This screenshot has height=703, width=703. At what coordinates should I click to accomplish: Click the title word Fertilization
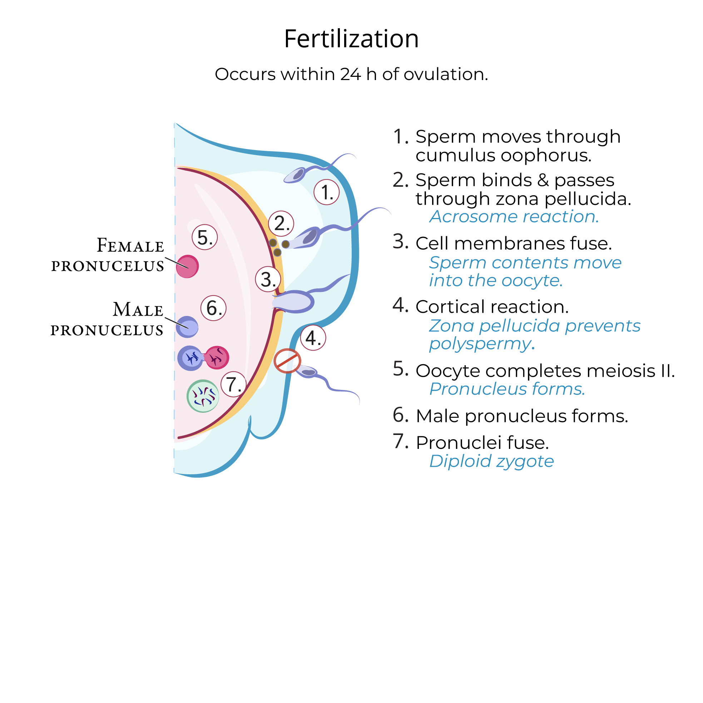(351, 39)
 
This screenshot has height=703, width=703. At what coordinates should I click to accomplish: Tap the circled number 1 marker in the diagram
(326, 192)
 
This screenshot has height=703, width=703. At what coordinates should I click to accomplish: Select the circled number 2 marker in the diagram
(281, 223)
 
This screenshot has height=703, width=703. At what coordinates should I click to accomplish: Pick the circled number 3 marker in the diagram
(268, 279)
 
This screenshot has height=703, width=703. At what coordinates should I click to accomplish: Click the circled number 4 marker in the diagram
(313, 338)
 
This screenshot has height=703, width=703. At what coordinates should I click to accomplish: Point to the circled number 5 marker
(204, 237)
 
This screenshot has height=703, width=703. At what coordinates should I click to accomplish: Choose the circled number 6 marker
(214, 308)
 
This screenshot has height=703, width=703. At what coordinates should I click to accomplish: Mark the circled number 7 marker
(233, 384)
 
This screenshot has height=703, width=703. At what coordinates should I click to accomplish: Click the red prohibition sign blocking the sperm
(287, 361)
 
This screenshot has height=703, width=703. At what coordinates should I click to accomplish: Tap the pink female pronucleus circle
(187, 266)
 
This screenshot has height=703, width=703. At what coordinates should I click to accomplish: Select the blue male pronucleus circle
(187, 327)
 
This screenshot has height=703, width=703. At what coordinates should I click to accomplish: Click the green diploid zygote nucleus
(203, 396)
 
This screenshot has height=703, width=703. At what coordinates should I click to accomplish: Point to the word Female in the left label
(130, 245)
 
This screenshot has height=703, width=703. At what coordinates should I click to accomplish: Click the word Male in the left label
(138, 310)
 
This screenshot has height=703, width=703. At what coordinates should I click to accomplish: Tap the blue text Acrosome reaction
(514, 217)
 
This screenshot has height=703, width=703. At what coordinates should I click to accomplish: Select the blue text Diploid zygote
(491, 461)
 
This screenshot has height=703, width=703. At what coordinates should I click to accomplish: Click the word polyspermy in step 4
(480, 343)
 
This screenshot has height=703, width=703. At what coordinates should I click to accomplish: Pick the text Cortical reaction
(492, 307)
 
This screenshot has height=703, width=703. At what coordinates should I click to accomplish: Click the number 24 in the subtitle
(350, 74)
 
